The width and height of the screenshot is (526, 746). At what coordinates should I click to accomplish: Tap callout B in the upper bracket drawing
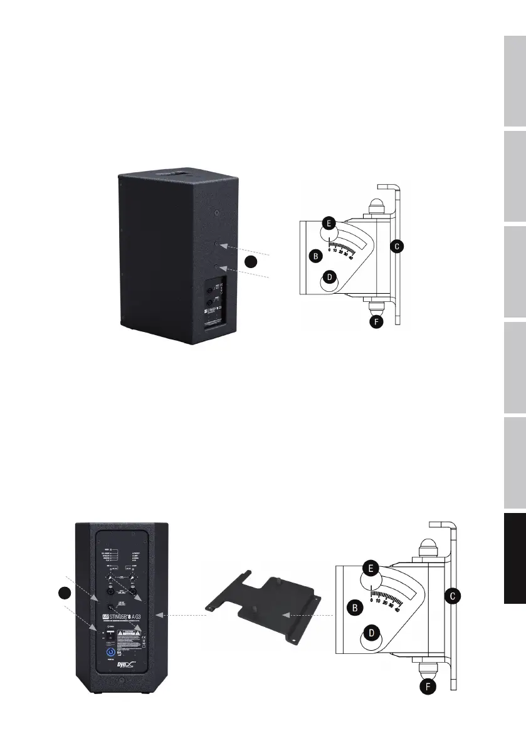click(x=317, y=256)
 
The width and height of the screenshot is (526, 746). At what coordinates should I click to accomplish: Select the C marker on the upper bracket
click(x=396, y=246)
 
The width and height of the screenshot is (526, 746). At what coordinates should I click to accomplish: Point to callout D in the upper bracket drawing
click(x=330, y=276)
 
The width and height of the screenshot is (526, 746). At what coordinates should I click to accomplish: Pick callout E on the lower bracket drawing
click(x=371, y=568)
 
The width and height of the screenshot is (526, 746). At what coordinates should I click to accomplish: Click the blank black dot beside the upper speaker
click(x=251, y=262)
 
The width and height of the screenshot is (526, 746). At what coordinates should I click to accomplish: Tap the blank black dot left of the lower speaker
click(x=62, y=593)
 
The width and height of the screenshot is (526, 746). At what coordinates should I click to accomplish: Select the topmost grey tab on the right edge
click(x=513, y=81)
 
